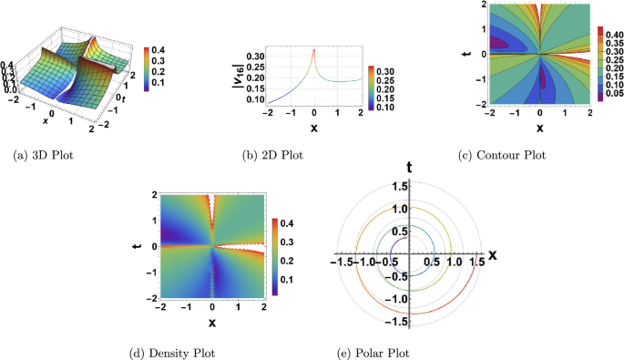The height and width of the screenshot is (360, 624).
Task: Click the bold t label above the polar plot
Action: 411,167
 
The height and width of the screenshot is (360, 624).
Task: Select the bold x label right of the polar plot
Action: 493,254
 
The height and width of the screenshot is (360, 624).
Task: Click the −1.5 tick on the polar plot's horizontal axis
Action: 342,262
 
